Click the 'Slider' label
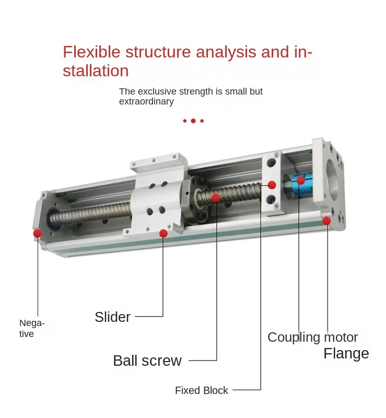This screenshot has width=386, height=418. coord(112,317)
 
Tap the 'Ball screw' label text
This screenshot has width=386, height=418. coord(147,361)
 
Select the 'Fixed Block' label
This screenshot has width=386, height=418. coord(202,390)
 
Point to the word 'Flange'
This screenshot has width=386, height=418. coord(346,353)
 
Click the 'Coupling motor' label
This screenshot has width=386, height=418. coord(312,337)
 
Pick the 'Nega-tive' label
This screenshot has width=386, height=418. coord(32,328)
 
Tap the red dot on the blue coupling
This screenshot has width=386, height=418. coord(300,180)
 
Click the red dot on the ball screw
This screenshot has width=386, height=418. coord(216,198)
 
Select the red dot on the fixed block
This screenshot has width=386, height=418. coord(272,184)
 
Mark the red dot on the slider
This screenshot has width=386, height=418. coord(163,233)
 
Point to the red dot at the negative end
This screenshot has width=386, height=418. coord(37,233)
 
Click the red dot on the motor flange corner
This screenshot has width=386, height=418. coord(327,220)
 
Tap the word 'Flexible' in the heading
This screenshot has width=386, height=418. coord(86,52)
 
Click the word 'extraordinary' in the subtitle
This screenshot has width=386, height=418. coord(146,101)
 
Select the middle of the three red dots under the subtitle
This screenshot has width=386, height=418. coord(193,121)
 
